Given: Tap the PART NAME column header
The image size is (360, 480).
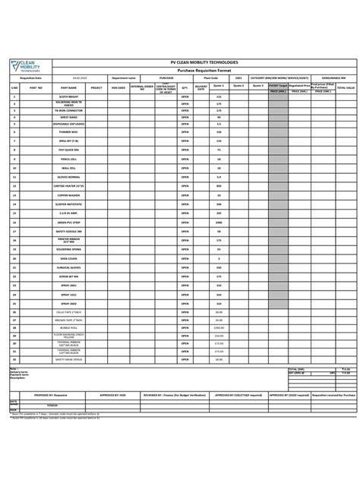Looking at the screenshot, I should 58,88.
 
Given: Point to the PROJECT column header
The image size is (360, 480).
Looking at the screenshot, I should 96,88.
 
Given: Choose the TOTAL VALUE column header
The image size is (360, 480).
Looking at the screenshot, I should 346,88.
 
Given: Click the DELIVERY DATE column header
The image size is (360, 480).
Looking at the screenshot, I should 201,88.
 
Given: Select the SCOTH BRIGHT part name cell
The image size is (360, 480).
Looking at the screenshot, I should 58,97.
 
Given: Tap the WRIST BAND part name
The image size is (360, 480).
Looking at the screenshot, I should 58,118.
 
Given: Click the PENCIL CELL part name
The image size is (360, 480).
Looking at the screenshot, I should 58,159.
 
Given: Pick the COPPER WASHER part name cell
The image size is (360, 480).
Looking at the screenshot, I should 58,195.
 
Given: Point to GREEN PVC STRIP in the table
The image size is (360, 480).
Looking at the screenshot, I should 58,222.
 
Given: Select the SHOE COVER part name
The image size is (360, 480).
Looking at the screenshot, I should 58,258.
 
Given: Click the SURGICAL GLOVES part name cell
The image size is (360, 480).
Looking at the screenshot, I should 58,267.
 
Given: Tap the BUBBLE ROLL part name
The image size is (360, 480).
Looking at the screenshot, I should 58,327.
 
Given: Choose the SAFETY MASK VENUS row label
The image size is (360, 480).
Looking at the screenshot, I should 58,358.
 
